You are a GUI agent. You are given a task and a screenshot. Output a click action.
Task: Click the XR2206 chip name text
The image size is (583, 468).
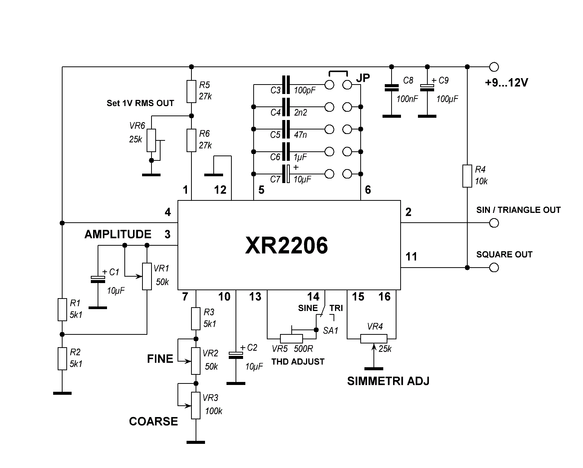(286, 246)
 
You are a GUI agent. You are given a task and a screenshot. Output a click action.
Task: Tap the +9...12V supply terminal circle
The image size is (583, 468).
(494, 67)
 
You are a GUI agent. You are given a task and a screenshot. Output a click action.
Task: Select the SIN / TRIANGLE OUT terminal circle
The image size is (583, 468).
(494, 223)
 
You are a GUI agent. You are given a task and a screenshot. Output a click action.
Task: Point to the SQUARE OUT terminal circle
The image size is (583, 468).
(494, 268)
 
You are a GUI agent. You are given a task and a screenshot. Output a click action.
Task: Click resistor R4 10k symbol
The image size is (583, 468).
(467, 176)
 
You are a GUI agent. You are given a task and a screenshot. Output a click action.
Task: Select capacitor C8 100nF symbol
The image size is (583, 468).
(392, 88)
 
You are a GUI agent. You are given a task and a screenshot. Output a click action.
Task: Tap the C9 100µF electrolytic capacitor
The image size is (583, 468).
(427, 88)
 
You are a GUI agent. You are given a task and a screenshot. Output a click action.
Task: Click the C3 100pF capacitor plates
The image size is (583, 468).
(286, 85)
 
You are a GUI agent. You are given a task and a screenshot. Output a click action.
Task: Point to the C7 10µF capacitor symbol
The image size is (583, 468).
(287, 174)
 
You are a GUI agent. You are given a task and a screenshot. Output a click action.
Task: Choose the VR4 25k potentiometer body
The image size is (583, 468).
(373, 339)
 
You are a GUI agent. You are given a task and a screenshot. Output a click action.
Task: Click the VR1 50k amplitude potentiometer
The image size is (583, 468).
(147, 277)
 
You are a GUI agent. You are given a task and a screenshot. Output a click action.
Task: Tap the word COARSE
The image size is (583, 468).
(153, 422)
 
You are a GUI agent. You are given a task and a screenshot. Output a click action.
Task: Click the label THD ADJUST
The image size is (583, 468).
(298, 362)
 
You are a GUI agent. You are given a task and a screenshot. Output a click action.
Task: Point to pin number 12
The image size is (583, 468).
(220, 190)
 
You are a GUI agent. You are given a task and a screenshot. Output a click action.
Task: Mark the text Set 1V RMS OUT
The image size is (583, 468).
(140, 103)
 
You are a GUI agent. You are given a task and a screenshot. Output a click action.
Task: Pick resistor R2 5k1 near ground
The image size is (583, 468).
(62, 359)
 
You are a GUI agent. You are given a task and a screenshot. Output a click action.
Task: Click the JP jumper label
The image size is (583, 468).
(363, 78)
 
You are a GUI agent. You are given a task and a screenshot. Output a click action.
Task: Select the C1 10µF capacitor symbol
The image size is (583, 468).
(98, 279)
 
